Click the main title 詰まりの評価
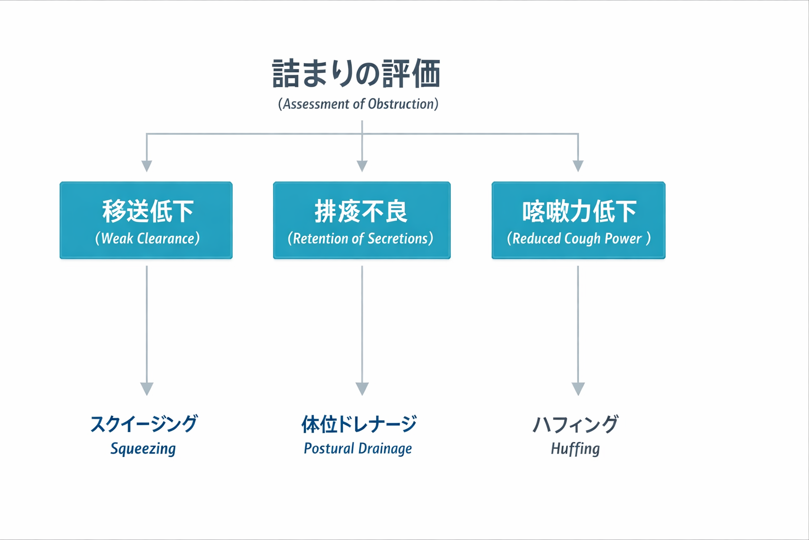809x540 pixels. coord(357,74)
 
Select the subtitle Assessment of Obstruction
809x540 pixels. coord(358,104)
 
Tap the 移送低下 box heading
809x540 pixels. coord(147,211)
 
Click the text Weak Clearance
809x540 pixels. coord(147,238)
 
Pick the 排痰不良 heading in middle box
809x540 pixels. coord(361,211)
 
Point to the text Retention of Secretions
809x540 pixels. coord(361,238)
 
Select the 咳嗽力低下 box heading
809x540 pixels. coord(579,211)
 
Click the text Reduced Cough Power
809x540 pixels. coord(578,238)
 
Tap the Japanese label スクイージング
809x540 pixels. coord(144,424)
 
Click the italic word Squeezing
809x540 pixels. coord(143,449)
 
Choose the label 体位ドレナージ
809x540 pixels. coord(359,424)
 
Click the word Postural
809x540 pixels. coord(329,449)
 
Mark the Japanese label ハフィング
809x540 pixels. coord(575,424)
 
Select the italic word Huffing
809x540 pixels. coord(575,449)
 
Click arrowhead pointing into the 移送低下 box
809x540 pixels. coord(147,166)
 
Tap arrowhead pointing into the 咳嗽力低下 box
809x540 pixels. coord(578,166)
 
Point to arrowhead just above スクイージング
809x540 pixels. coord(147,389)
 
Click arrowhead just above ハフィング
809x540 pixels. coord(578,389)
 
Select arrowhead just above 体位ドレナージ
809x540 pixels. coord(362,389)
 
